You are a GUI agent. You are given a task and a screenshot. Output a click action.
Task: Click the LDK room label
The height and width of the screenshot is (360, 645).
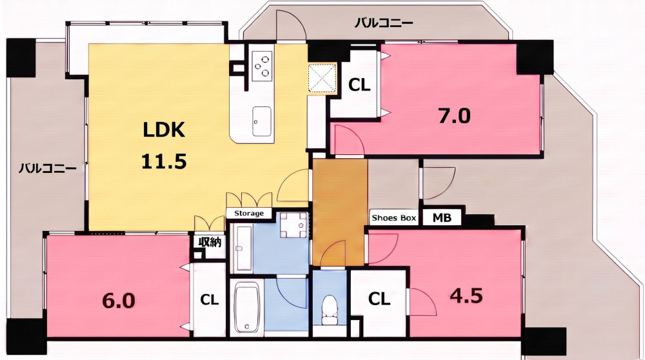(x=164, y=130)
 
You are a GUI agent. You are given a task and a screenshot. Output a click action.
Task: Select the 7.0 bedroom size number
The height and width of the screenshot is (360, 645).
(x=454, y=116)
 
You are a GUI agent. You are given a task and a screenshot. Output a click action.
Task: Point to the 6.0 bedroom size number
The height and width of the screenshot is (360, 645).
(x=119, y=301)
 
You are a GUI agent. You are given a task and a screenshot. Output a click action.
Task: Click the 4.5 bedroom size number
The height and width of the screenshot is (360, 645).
(x=466, y=295)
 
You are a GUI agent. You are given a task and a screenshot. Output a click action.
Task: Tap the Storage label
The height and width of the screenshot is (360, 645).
(x=249, y=213)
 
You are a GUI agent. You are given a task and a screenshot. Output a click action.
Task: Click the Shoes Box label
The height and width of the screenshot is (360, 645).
(x=393, y=217)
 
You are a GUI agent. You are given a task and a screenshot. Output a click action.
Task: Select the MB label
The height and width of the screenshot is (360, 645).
(x=442, y=217)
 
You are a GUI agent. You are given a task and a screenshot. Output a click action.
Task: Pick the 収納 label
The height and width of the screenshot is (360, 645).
(x=210, y=242)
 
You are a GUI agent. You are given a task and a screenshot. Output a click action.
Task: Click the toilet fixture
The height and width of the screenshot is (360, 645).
(x=329, y=310)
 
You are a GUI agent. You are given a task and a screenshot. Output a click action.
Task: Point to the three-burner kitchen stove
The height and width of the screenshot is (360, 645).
(x=263, y=65)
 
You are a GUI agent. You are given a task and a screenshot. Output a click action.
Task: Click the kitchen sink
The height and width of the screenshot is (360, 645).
(x=262, y=121)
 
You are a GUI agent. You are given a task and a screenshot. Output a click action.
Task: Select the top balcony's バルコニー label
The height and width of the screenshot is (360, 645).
(x=384, y=23)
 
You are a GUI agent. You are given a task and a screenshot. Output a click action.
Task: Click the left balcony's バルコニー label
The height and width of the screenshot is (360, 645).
(x=48, y=168)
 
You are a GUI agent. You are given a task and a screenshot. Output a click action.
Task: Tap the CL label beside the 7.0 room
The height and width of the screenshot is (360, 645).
(x=359, y=85)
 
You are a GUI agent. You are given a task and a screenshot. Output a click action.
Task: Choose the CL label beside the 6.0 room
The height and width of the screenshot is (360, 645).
(x=210, y=300)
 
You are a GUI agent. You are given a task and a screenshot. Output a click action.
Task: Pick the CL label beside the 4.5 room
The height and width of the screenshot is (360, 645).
(x=379, y=299)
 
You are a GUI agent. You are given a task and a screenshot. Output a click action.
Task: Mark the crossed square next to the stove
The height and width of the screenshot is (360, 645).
(x=322, y=78)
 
